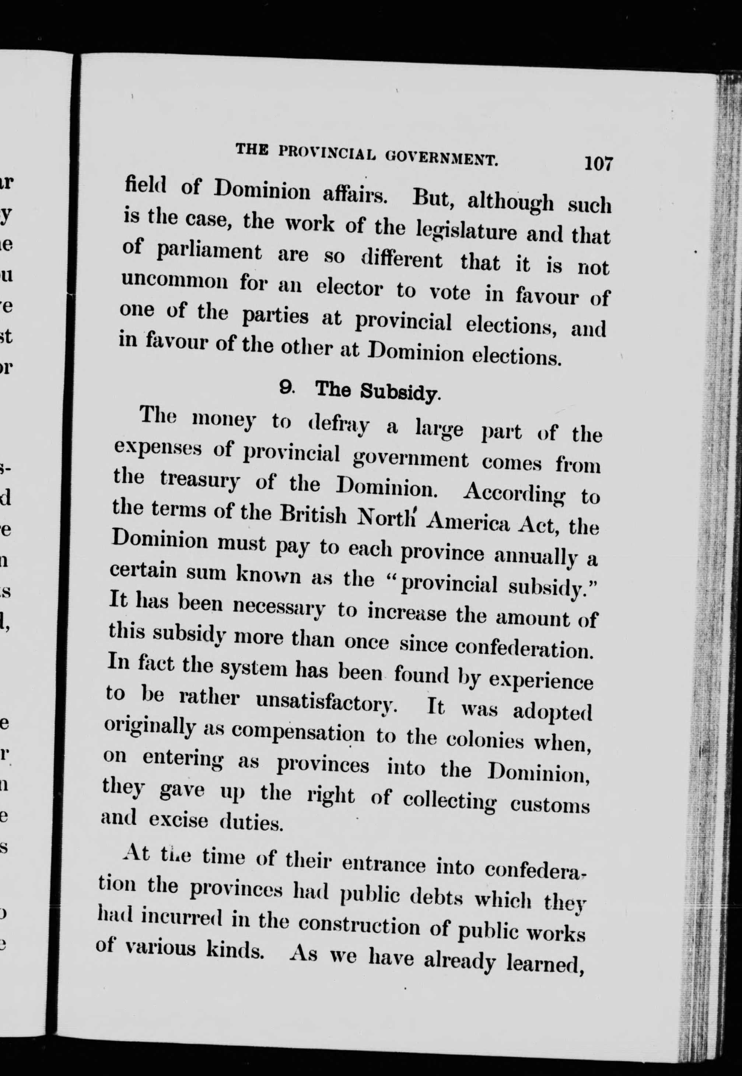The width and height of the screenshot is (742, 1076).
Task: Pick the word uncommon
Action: click(174, 281)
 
